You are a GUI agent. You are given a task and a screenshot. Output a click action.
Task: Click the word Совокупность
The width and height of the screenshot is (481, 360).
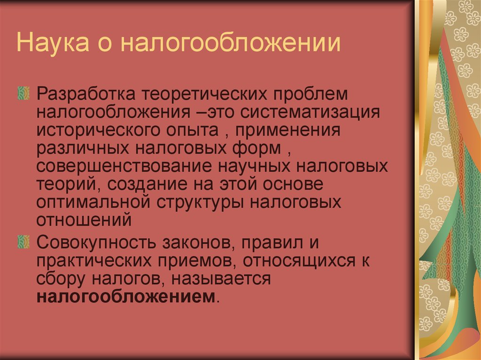(95, 243)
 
